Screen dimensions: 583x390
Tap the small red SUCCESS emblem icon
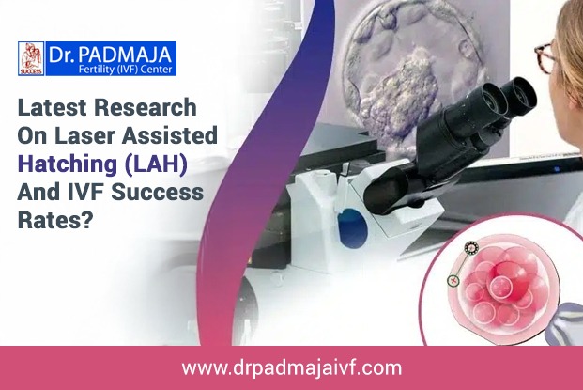[x=31, y=59]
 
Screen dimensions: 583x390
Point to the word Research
[x=146, y=107]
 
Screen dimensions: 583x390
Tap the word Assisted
[x=170, y=135]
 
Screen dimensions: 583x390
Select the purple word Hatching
[x=68, y=164]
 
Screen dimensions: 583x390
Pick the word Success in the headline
[x=158, y=193]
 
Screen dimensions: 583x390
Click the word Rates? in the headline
[x=54, y=220]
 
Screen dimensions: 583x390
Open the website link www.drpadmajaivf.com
[x=292, y=368]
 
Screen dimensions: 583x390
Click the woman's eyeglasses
[x=545, y=58]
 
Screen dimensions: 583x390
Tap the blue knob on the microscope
[x=352, y=228]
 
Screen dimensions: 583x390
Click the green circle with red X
[x=453, y=280]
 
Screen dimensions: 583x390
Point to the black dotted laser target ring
[x=471, y=247]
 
